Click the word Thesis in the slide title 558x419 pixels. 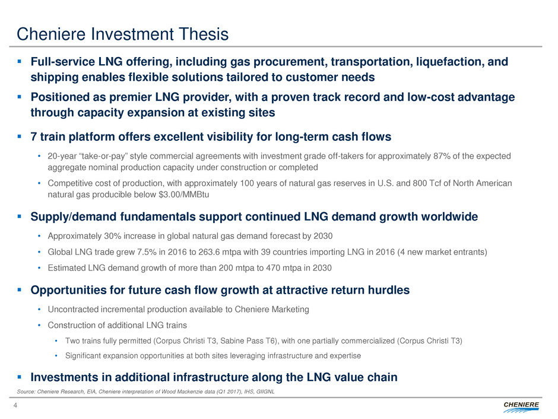[204, 34]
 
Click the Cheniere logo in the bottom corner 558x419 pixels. [521, 407]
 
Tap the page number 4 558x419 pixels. [15, 405]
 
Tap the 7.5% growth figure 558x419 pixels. [147, 252]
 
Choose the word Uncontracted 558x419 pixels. [73, 309]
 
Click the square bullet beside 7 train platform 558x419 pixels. [19, 137]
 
